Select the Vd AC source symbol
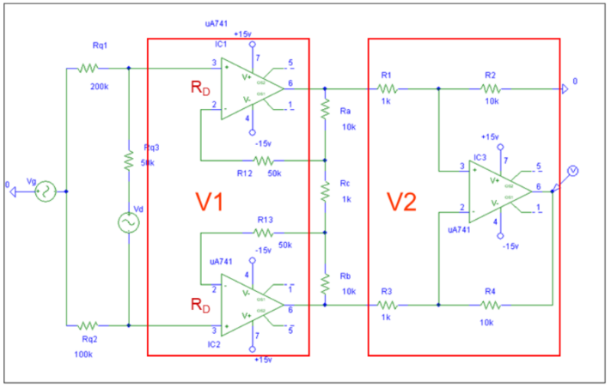tap(128, 223)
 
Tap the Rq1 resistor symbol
tap(88, 67)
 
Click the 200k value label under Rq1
tap(100, 87)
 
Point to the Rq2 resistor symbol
tap(88, 326)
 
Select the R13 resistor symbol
tap(265, 233)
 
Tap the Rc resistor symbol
tap(325, 192)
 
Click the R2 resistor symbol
tap(491, 88)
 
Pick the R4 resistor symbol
tap(491, 305)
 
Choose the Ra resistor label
tap(345, 112)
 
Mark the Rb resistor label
tap(345, 276)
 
